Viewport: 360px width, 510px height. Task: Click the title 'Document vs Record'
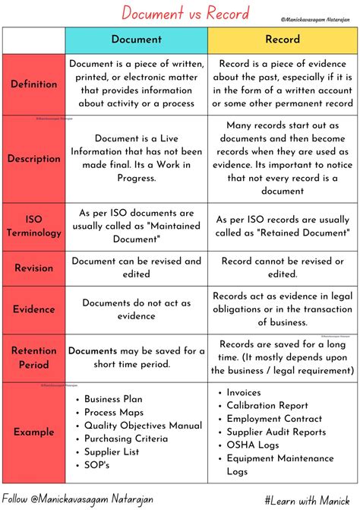tap(176, 13)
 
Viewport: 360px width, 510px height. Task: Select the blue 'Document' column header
tap(137, 39)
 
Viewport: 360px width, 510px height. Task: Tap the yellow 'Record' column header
tap(282, 39)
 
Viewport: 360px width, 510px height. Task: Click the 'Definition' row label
tap(34, 84)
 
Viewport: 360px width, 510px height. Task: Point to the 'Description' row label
tap(34, 159)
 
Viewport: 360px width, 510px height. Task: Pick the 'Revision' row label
tap(34, 268)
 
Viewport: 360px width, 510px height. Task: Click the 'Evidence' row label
tap(34, 309)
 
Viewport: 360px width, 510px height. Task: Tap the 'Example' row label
tap(34, 432)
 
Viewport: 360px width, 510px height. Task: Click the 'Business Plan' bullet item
tap(113, 398)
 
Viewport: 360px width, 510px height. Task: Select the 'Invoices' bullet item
tap(245, 392)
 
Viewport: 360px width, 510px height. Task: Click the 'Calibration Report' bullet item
tap(267, 406)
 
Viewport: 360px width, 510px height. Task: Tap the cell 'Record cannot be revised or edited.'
tap(282, 268)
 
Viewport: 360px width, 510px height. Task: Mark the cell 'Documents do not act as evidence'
tap(137, 309)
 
